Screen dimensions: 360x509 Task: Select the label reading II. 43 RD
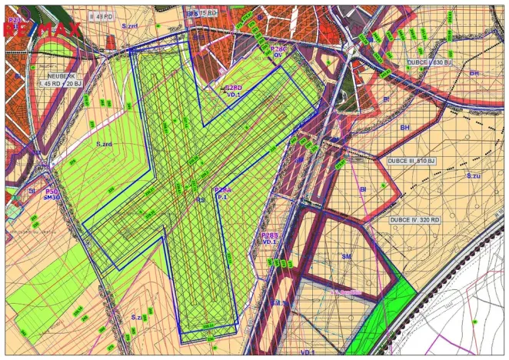click(x=102, y=15)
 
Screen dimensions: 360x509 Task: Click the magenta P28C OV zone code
click(x=278, y=52)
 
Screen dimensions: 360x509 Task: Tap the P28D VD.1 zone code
click(x=234, y=91)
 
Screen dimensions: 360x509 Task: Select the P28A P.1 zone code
click(x=222, y=193)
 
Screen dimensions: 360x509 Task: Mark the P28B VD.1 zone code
click(x=269, y=238)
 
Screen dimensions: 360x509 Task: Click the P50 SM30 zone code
click(x=52, y=194)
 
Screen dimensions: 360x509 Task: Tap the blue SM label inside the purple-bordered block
click(x=346, y=255)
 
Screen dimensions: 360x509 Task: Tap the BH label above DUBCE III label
click(x=404, y=126)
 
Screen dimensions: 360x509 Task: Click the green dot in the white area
click(x=474, y=322)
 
